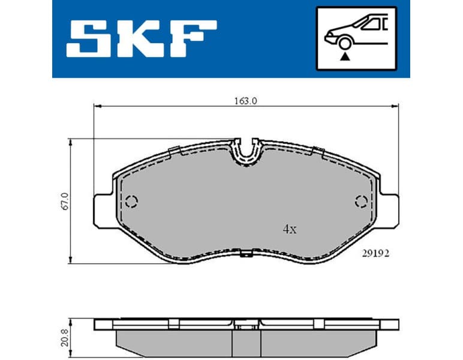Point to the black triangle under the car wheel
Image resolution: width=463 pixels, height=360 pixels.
point(345,56)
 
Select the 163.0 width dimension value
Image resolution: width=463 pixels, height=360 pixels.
point(245,101)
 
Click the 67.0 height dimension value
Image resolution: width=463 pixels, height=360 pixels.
point(65,201)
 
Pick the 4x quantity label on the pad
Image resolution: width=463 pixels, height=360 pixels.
point(290,229)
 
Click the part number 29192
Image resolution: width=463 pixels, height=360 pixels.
point(376,254)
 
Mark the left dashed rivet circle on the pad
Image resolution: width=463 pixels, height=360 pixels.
point(133,200)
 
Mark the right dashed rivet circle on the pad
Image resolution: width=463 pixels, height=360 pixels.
point(361,200)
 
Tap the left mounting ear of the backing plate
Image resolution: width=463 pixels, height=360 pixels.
point(102,207)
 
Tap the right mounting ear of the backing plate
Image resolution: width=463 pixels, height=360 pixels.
point(390,207)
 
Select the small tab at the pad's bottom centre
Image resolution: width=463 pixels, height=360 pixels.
point(245,256)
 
